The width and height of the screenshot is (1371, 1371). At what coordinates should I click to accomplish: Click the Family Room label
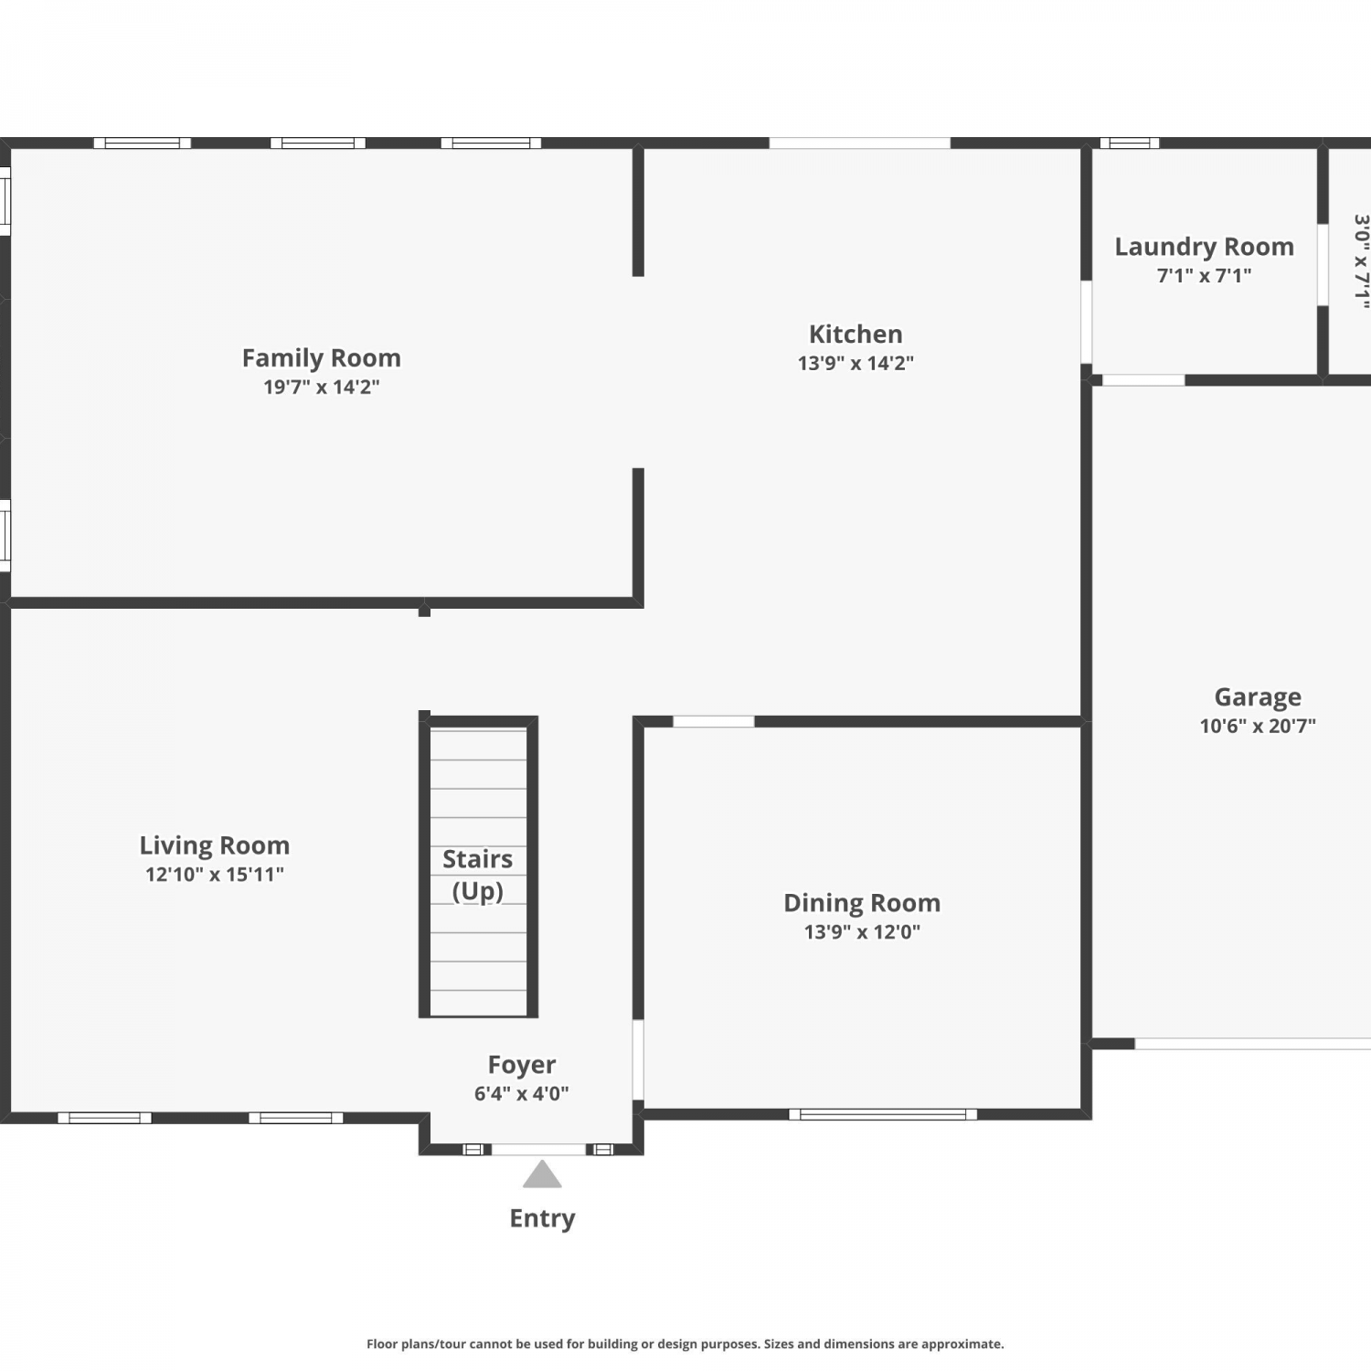click(x=321, y=357)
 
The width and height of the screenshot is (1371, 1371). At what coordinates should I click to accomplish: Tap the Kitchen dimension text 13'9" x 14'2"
click(x=856, y=363)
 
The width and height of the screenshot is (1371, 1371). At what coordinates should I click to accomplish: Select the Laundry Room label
click(x=1204, y=247)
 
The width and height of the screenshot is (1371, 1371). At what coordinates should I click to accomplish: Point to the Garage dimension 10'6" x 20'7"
click(x=1258, y=726)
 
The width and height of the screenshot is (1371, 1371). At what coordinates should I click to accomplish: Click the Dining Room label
click(x=862, y=903)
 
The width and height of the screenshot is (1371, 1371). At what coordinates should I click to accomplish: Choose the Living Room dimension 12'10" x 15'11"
click(x=215, y=874)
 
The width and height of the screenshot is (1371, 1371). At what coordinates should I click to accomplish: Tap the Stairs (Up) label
click(x=478, y=875)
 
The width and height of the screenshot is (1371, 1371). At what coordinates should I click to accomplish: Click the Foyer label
click(x=522, y=1065)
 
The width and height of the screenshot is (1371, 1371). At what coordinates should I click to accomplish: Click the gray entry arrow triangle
click(x=542, y=1174)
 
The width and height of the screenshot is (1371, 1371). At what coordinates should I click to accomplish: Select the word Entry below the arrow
click(x=542, y=1218)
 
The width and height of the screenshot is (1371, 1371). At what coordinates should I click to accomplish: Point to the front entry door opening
click(x=539, y=1149)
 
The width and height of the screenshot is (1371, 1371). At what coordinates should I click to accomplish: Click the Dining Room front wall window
click(x=883, y=1114)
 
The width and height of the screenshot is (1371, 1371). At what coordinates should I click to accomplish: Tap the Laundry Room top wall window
click(x=1130, y=143)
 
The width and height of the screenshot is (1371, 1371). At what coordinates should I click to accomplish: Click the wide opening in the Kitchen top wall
click(x=859, y=143)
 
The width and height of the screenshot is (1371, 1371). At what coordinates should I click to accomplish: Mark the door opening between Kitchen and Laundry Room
click(x=1087, y=322)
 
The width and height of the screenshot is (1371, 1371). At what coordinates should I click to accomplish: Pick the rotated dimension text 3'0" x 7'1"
click(x=1361, y=261)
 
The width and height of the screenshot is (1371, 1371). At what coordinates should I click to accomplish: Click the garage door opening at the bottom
click(x=1253, y=1044)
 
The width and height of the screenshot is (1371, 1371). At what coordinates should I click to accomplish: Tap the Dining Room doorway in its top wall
click(x=714, y=722)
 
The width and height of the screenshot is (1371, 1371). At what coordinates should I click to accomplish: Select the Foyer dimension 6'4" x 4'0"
click(x=522, y=1093)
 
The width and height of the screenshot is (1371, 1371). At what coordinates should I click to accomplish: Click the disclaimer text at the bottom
click(x=685, y=1344)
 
